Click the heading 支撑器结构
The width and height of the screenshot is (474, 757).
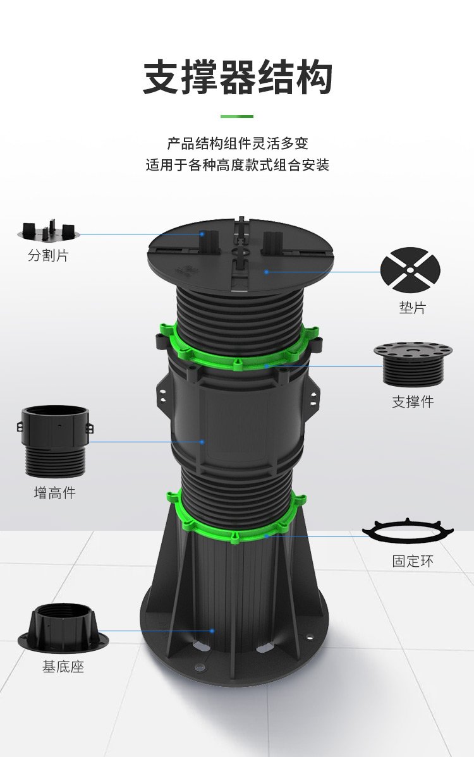click(238, 77)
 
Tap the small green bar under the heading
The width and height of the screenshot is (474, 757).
click(237, 116)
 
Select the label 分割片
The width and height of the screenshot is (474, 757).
click(48, 255)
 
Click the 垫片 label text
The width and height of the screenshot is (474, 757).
click(413, 308)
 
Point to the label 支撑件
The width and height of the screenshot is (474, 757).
click(413, 402)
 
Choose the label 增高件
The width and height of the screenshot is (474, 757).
click(54, 492)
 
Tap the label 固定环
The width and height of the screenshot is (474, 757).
click(413, 561)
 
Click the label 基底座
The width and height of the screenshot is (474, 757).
click(63, 667)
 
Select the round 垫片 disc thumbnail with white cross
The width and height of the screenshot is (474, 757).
click(410, 270)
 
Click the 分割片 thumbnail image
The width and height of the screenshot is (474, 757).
click(49, 231)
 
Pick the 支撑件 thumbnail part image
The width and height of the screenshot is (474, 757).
click(413, 363)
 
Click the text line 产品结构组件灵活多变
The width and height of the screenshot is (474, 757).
click(238, 143)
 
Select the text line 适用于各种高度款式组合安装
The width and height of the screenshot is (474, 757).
click(238, 165)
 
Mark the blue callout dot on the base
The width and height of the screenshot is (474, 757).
click(212, 631)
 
